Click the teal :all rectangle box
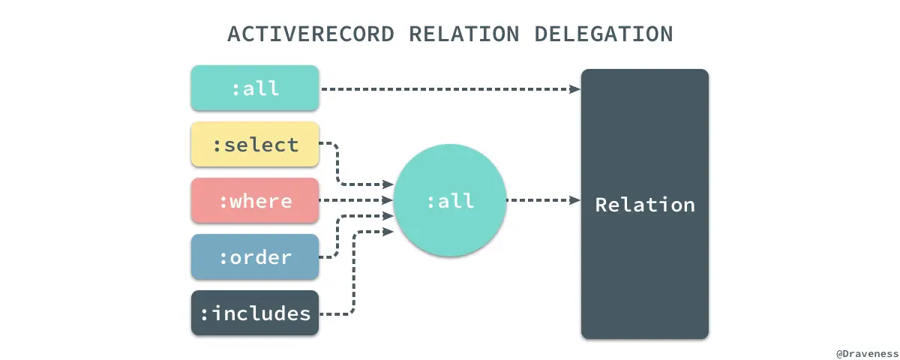click(x=255, y=88)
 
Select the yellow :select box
click(x=255, y=144)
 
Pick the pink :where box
click(x=255, y=200)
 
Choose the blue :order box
click(x=255, y=256)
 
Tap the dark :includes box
click(x=255, y=313)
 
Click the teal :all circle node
click(x=449, y=200)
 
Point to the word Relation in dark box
click(x=645, y=204)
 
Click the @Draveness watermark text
click(x=867, y=352)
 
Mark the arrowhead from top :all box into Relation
click(x=575, y=88)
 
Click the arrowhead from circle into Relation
click(x=575, y=200)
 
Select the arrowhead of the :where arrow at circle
click(x=388, y=200)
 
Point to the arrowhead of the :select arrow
click(x=388, y=184)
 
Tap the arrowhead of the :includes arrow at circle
click(x=388, y=232)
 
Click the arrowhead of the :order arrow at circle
click(x=388, y=216)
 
